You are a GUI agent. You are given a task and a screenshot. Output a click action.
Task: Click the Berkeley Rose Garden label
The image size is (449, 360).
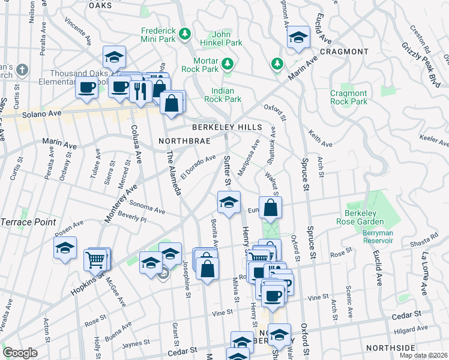click(368, 219)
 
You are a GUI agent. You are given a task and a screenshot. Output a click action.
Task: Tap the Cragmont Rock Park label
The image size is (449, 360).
click(348, 97)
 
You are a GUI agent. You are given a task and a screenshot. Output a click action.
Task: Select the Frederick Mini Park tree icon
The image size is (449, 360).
click(186, 32)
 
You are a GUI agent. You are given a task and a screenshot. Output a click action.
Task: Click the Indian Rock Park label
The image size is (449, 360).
click(223, 95)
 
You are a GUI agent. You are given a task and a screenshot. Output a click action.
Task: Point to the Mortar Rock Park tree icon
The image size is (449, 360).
click(228, 63)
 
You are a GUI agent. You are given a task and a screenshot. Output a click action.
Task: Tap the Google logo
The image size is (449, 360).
click(20, 353)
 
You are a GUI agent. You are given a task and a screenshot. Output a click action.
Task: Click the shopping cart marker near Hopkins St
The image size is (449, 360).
click(95, 260)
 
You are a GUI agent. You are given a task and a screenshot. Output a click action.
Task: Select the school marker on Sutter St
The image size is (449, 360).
click(229, 203)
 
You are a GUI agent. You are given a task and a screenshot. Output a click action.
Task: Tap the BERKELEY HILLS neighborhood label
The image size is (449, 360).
click(227, 127)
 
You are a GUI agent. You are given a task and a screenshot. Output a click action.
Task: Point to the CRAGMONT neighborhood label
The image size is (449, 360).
click(343, 52)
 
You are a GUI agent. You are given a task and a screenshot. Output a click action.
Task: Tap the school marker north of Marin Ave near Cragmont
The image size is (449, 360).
click(298, 37)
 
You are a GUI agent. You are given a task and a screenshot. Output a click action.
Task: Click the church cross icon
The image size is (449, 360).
click(23, 69)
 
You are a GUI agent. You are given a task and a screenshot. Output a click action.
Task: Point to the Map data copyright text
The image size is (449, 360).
click(423, 355)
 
